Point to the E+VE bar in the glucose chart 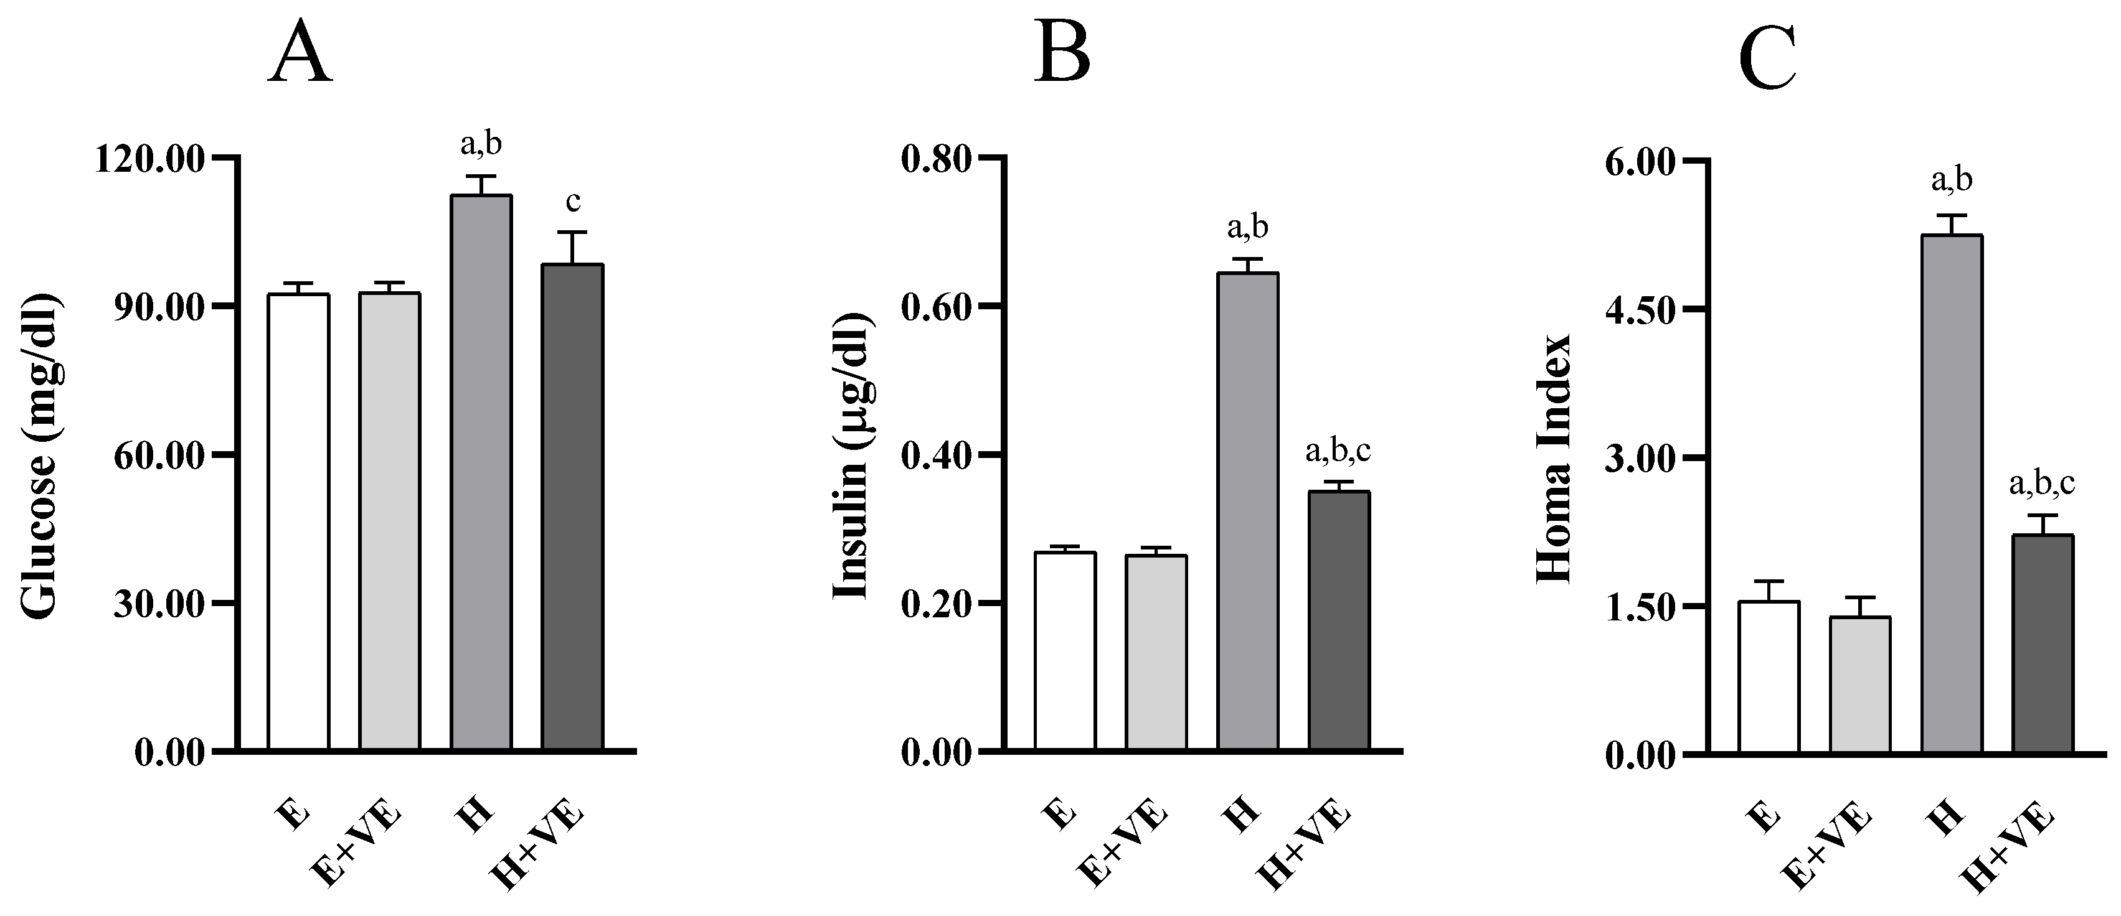389,520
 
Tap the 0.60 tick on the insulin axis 936,306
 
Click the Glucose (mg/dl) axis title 39,454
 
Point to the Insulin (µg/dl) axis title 851,454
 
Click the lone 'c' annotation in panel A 573,201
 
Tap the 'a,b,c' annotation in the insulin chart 1339,451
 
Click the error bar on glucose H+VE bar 573,247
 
